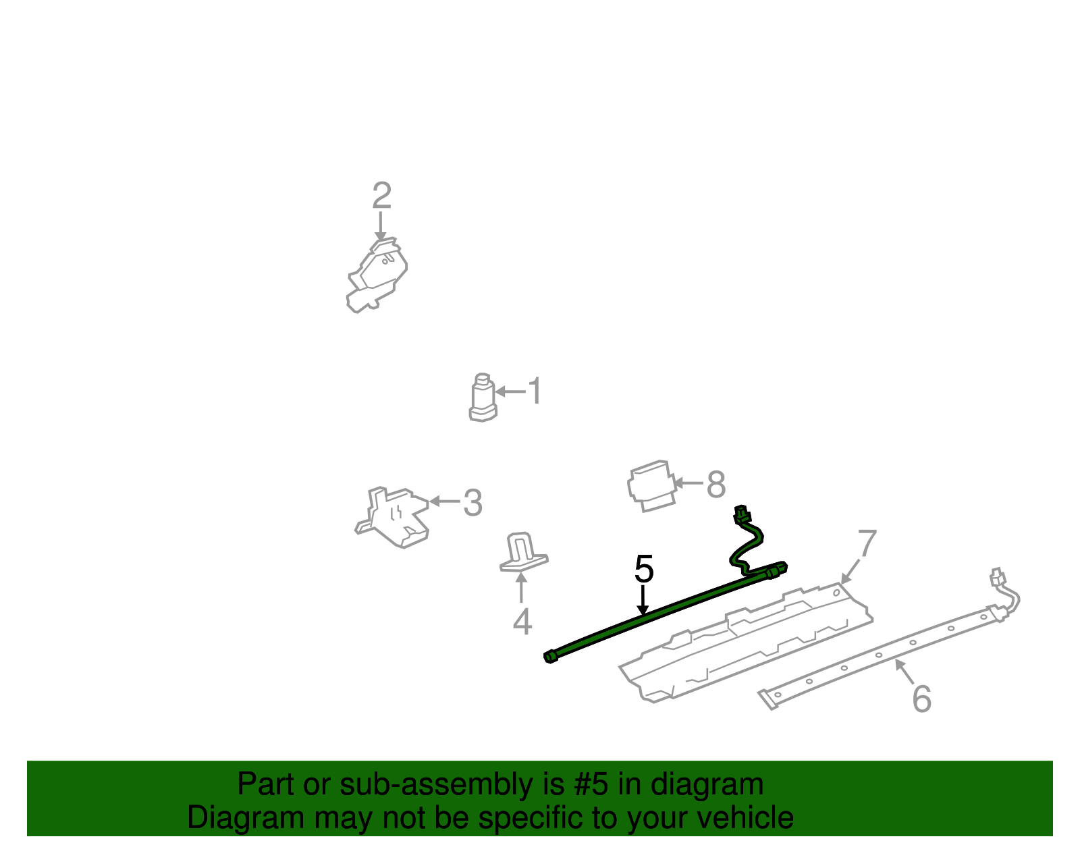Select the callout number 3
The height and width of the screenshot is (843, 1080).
(x=473, y=503)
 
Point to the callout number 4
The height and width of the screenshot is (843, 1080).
(x=522, y=622)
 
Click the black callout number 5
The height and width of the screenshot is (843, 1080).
(x=644, y=569)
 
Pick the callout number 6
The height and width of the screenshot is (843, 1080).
(x=922, y=699)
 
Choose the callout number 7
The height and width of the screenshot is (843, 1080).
(x=867, y=543)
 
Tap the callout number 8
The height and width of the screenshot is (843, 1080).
(x=716, y=484)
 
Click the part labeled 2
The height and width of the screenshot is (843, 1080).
(x=377, y=275)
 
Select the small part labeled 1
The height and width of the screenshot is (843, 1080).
(x=483, y=398)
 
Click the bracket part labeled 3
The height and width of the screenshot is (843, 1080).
(x=393, y=517)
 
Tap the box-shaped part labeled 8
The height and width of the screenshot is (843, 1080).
(x=652, y=486)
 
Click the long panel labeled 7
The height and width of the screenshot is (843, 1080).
(x=745, y=643)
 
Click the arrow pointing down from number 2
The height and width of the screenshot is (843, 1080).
(x=381, y=227)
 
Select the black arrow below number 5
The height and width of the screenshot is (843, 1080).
(x=643, y=600)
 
